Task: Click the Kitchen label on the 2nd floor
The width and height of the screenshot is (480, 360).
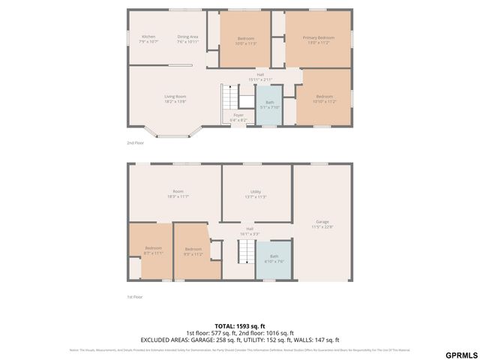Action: click(x=148, y=39)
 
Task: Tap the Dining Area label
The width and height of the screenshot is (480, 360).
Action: click(x=187, y=39)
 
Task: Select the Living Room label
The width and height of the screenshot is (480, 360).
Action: click(x=175, y=98)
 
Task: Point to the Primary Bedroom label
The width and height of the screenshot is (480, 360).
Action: click(x=319, y=39)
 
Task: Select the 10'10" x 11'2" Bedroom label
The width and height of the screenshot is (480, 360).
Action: click(x=324, y=98)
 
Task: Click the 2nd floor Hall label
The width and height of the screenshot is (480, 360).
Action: click(x=260, y=76)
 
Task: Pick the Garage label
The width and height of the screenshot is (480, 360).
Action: click(x=322, y=223)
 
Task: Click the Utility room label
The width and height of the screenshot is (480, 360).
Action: click(x=256, y=194)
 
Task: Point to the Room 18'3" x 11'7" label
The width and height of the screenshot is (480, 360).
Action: click(x=177, y=194)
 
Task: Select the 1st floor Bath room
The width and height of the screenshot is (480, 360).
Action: click(x=274, y=259)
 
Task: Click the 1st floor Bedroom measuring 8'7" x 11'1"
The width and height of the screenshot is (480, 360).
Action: click(x=153, y=250)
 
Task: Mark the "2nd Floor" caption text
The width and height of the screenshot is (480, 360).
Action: click(x=136, y=142)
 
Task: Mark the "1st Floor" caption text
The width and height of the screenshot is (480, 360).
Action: click(x=135, y=297)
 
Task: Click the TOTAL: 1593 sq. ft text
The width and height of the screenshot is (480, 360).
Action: click(x=240, y=326)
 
